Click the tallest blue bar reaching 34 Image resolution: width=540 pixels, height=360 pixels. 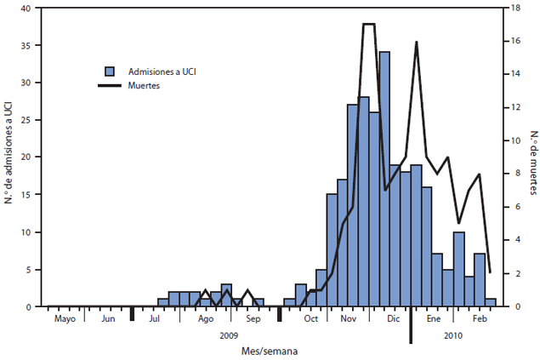coord(384,179)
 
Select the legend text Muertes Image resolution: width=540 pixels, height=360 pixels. coord(146,85)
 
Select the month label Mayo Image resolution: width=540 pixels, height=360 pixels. coord(65,319)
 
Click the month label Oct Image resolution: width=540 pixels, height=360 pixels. coord(310,319)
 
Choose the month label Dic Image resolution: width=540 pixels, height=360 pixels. coord(393,319)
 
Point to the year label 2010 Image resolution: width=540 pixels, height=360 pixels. coord(456,336)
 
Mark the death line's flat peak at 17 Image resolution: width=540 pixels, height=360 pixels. coord(369,25)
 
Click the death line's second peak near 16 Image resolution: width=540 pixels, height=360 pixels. coord(417,42)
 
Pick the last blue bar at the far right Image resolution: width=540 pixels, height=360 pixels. coord(491,302)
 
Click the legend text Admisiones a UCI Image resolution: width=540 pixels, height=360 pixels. coord(165,71)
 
